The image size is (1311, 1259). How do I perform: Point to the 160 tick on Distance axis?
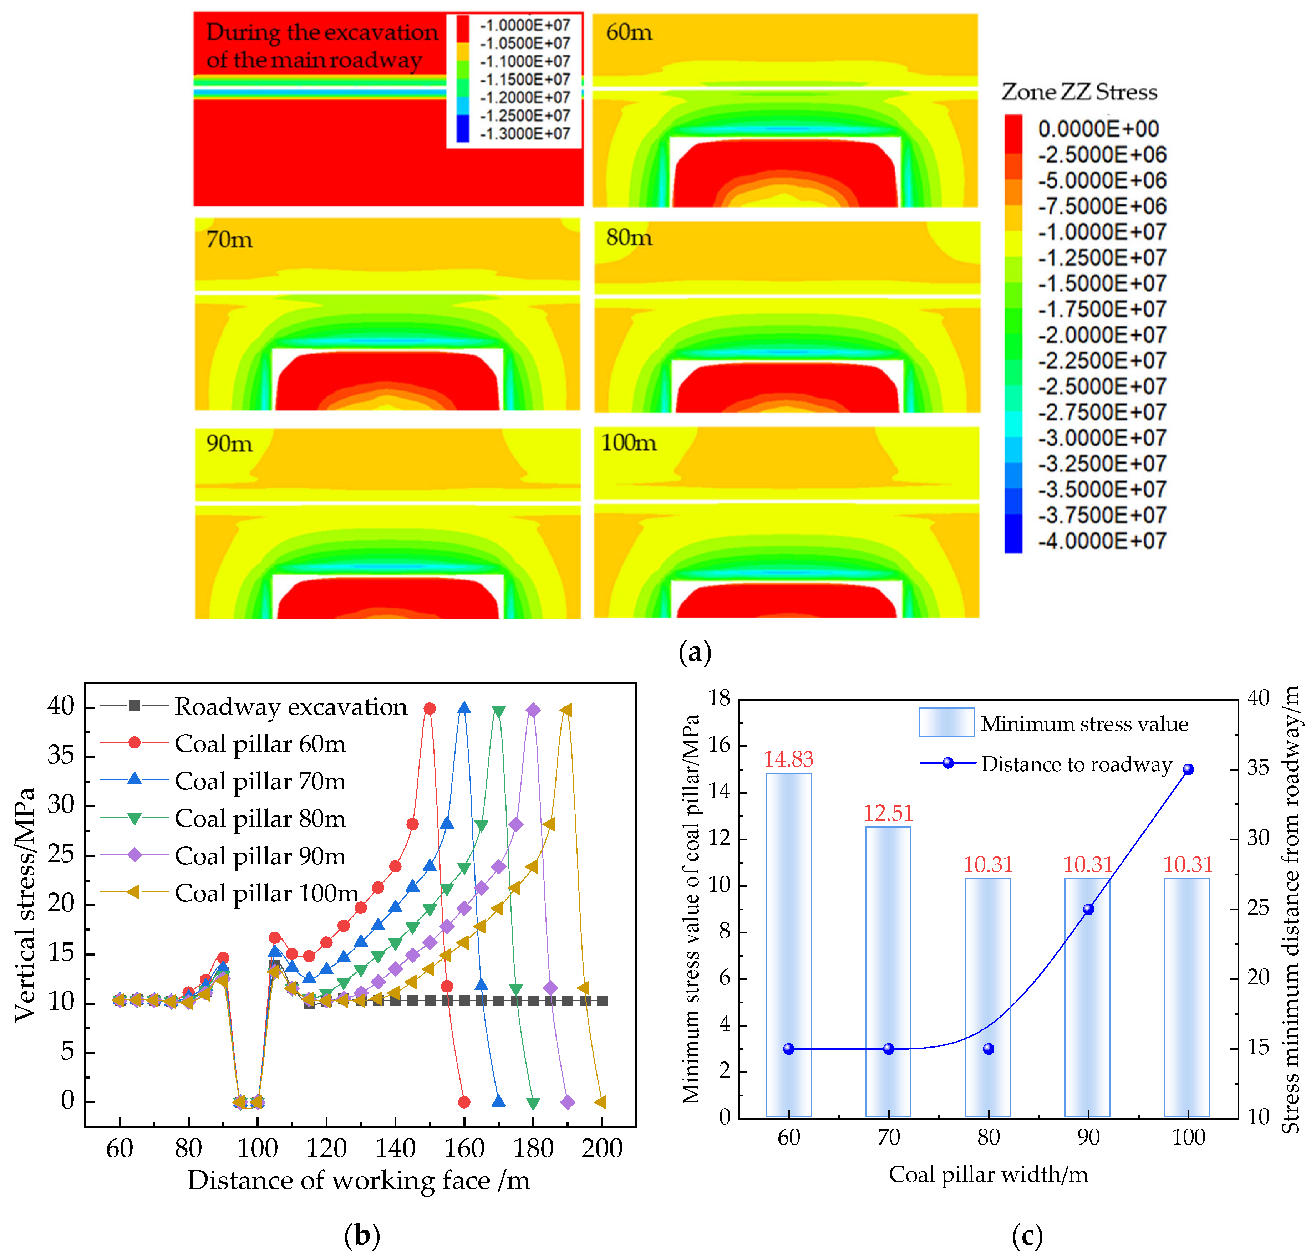point(464,1148)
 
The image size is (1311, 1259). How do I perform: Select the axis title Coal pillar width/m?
point(987,1174)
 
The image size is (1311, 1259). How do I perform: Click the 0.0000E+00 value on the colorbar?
point(1098,128)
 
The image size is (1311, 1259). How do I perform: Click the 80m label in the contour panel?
point(629,237)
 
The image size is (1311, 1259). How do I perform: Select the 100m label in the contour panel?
point(628,442)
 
